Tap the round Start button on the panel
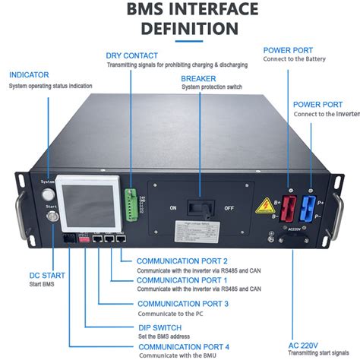(52, 219)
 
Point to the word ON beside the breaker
(173, 207)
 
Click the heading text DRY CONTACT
(132, 55)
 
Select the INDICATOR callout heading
(30, 75)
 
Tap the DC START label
(27, 274)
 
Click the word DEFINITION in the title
(180, 29)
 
